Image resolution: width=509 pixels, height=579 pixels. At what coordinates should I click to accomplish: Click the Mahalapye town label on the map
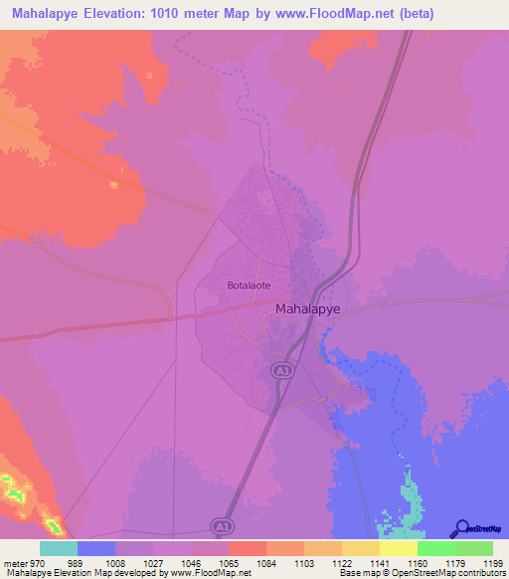point(306,308)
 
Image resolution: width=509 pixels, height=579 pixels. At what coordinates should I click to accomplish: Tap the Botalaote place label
point(249,285)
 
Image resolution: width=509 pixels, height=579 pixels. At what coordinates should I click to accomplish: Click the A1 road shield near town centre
point(281,370)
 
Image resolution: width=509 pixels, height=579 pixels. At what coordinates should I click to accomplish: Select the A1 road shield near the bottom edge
point(224,524)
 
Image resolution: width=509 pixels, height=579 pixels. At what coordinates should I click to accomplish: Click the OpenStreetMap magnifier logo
point(460,529)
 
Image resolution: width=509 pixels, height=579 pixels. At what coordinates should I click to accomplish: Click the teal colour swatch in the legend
point(59,548)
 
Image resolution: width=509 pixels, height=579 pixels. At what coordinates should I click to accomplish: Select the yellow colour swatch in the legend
point(398,548)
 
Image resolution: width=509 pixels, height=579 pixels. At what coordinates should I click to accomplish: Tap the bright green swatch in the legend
point(435,548)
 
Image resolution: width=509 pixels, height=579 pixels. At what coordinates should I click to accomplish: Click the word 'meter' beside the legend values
point(16,562)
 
